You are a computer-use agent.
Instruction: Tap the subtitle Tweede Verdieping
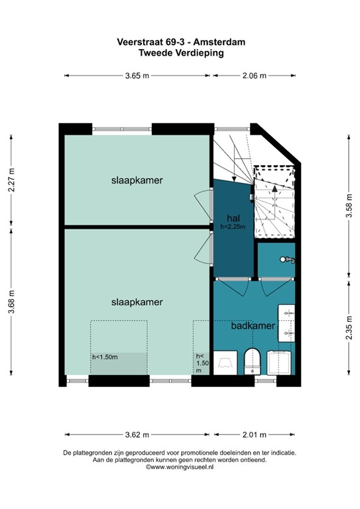click(182, 53)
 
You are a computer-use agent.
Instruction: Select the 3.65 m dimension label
click(137, 76)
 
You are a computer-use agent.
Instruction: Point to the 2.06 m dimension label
click(254, 76)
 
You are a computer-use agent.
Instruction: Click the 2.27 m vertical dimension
click(11, 180)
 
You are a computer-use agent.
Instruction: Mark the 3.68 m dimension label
click(11, 302)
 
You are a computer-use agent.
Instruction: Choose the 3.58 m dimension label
click(349, 206)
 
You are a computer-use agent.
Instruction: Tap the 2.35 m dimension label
click(349, 328)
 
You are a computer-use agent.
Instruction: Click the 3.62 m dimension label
click(137, 435)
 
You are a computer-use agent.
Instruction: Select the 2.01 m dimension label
click(254, 435)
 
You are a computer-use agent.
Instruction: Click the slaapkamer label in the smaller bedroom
click(137, 180)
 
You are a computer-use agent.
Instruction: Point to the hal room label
click(233, 217)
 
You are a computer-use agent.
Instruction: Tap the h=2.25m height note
click(233, 227)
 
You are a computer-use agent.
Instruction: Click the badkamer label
click(253, 325)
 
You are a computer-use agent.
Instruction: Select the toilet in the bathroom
click(252, 361)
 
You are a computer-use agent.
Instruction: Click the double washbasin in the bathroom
click(286, 323)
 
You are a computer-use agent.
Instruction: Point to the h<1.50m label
click(105, 357)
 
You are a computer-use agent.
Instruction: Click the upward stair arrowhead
click(274, 189)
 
